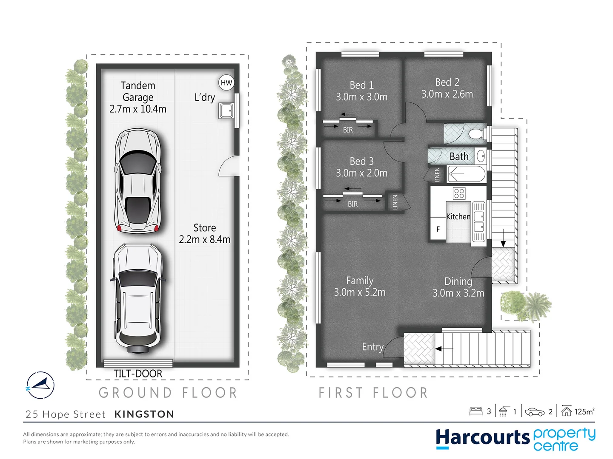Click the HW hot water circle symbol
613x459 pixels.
tap(226, 82)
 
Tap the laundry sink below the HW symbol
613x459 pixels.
tap(226, 110)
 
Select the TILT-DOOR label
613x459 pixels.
tap(138, 374)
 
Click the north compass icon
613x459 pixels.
tap(40, 385)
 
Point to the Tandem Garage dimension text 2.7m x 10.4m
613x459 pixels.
tap(138, 109)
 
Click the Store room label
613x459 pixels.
tap(204, 228)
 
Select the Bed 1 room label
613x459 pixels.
tap(361, 85)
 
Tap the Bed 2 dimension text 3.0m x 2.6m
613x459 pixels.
tap(447, 94)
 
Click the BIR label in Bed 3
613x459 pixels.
tap(352, 204)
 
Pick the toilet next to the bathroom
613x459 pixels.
tap(476, 134)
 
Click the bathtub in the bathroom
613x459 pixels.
tap(466, 174)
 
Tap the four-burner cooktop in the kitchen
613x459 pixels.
tap(459, 193)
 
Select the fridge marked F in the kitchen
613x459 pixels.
tap(438, 229)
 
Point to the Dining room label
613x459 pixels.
tap(458, 281)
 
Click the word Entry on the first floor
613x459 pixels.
tap(372, 347)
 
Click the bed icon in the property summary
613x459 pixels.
tap(476, 411)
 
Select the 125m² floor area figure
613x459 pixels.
tap(584, 411)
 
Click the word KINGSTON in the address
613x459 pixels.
tap(144, 414)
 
